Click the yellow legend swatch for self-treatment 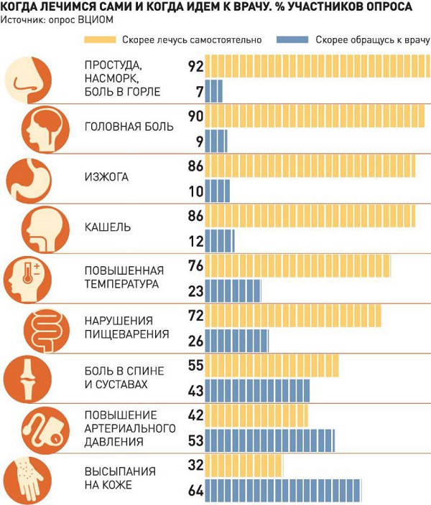pyautogui.click(x=100, y=40)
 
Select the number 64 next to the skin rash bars pyautogui.click(x=195, y=492)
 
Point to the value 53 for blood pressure pyautogui.click(x=195, y=440)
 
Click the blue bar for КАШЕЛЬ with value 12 pyautogui.click(x=220, y=240)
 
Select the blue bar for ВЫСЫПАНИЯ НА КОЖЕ pyautogui.click(x=283, y=492)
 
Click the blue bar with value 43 pyautogui.click(x=258, y=390)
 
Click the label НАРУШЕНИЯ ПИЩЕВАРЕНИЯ pyautogui.click(x=126, y=327)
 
